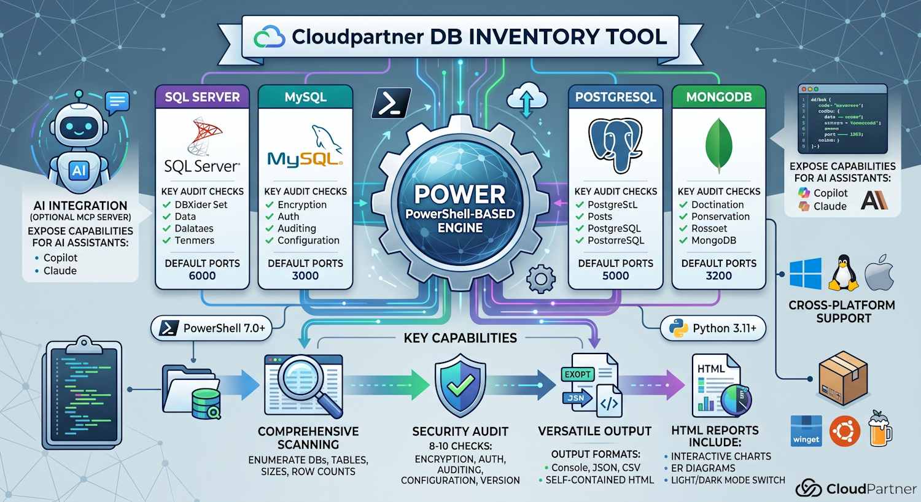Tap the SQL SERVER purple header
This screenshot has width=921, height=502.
click(x=202, y=97)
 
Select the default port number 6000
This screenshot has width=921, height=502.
click(x=202, y=276)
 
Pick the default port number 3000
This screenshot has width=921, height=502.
click(x=305, y=276)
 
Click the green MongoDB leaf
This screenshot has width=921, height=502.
click(x=719, y=145)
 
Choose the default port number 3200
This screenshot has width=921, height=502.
click(x=718, y=276)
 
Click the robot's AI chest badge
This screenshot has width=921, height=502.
click(x=79, y=170)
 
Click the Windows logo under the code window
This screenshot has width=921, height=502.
click(x=805, y=274)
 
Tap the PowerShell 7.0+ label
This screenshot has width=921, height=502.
click(x=212, y=328)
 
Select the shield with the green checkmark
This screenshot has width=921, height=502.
click(x=460, y=385)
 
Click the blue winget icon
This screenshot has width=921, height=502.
click(x=806, y=431)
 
